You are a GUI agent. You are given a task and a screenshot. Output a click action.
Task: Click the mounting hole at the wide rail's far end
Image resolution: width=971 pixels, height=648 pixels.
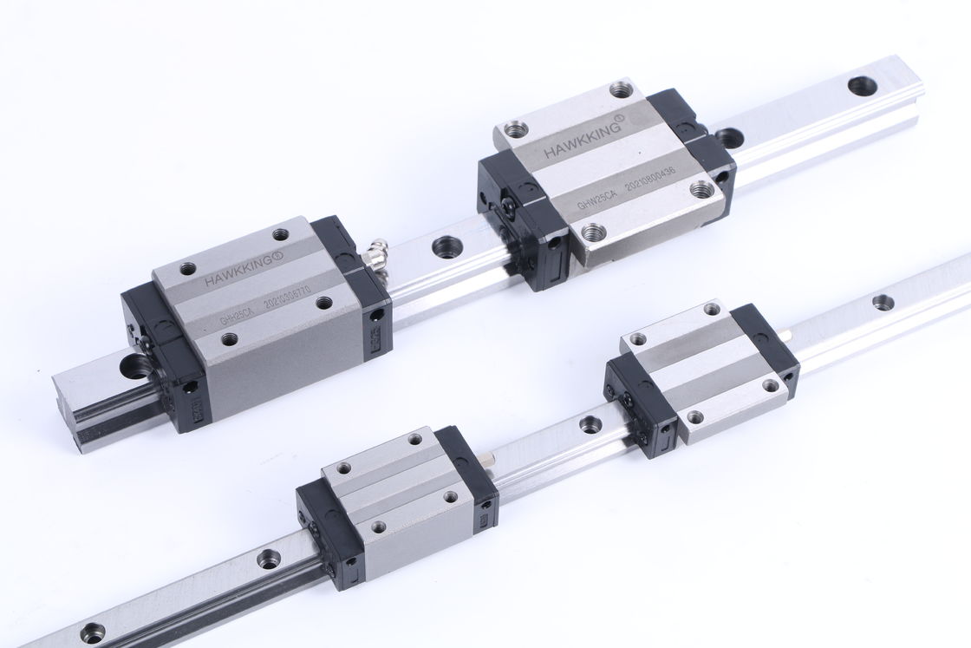[861, 85]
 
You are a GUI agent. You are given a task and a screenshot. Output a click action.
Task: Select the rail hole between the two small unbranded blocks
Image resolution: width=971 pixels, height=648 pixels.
[590, 424]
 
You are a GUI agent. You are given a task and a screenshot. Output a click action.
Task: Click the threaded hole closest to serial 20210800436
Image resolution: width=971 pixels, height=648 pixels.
[700, 188]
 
